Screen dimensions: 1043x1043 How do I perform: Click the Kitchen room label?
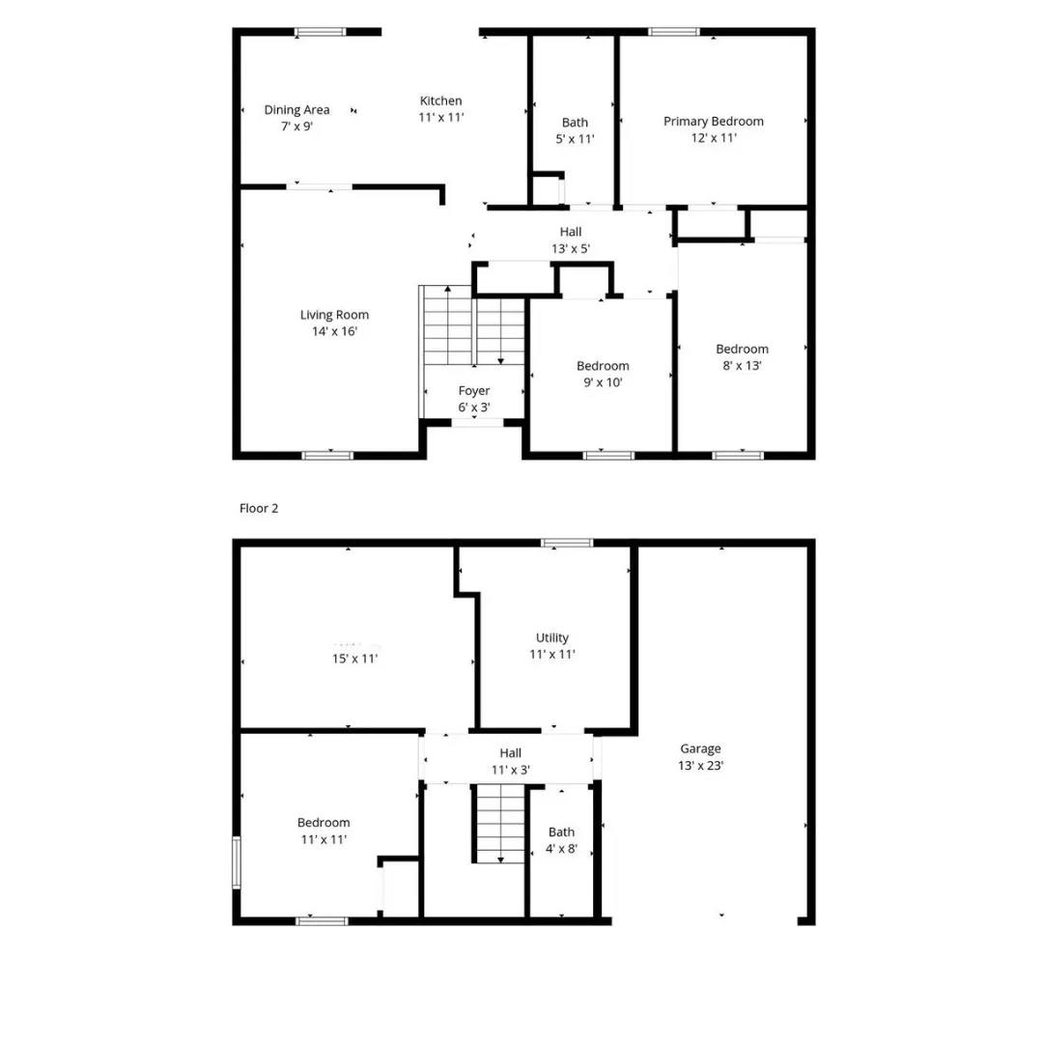[440, 109]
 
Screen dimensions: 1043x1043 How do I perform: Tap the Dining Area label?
[296, 118]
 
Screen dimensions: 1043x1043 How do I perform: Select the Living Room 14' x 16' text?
[334, 323]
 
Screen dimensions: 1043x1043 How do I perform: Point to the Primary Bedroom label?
[713, 129]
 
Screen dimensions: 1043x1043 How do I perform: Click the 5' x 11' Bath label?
[575, 130]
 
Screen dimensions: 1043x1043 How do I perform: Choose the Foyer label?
[473, 399]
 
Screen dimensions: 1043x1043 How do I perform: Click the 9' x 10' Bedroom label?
[603, 374]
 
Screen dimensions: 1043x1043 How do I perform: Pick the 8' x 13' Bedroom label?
[742, 357]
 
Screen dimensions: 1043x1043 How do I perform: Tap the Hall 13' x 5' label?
[570, 240]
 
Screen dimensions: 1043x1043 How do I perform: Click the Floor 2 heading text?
[259, 508]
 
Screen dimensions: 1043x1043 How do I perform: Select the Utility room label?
[552, 645]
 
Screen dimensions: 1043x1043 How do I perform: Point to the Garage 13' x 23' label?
[700, 756]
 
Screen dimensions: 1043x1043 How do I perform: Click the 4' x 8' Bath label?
[561, 840]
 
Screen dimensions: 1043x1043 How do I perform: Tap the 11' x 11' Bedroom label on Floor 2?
[324, 831]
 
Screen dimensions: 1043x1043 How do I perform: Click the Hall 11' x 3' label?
[510, 761]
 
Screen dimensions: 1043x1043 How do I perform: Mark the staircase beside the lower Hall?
[499, 823]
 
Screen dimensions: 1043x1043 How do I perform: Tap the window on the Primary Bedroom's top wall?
[674, 32]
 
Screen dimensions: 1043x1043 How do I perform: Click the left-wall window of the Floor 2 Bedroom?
[236, 862]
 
